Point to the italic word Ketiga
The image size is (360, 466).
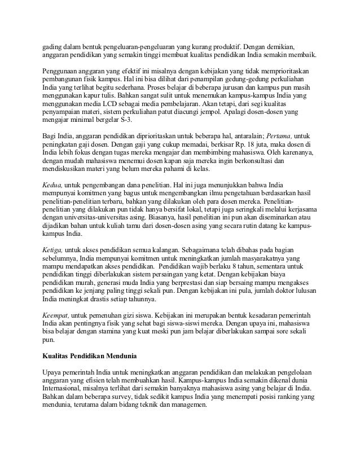(x=54, y=249)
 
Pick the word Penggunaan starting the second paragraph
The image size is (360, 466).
(x=65, y=73)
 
